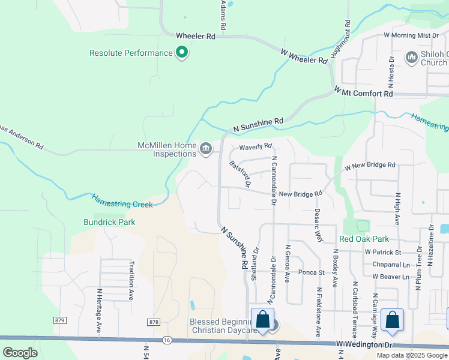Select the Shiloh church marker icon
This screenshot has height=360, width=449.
[x=412, y=57]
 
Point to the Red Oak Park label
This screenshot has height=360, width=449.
[x=364, y=239]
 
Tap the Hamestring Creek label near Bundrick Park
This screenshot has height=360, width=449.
[x=122, y=200]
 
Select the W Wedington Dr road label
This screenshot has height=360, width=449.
[x=363, y=344]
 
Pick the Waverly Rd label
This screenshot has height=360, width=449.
[x=255, y=146]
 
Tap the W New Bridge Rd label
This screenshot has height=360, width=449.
[x=369, y=165]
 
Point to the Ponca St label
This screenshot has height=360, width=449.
[x=312, y=272]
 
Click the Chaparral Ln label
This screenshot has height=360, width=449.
[x=390, y=265]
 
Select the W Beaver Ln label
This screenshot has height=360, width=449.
[x=390, y=277]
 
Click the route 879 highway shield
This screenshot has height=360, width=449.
[x=59, y=321]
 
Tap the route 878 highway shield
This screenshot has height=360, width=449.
[x=154, y=322]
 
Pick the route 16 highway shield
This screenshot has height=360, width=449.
[x=167, y=340]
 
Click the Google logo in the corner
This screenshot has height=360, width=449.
[x=20, y=353]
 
